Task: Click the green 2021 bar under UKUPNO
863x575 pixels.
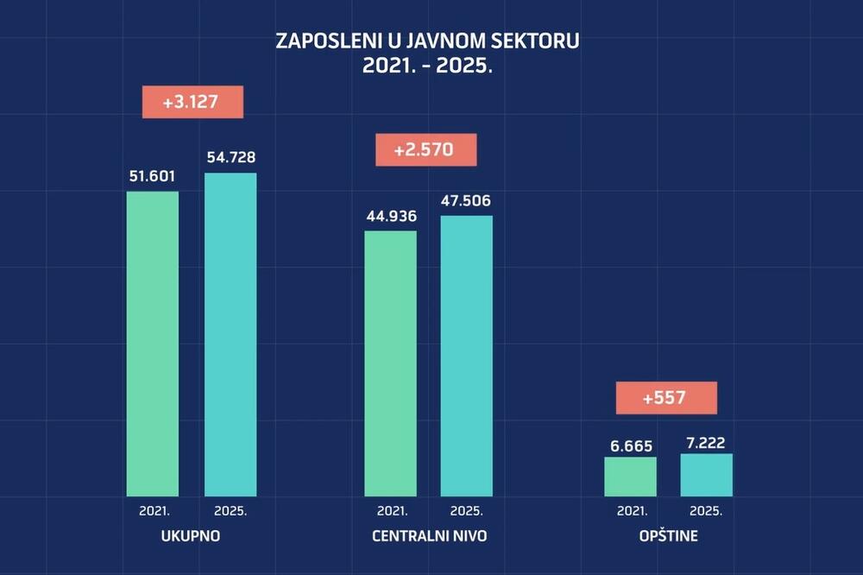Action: click(x=153, y=344)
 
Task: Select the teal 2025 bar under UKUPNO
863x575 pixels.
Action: click(x=230, y=335)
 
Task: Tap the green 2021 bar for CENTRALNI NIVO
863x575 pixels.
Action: click(x=390, y=363)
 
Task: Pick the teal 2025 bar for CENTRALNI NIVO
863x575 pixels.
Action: click(x=467, y=356)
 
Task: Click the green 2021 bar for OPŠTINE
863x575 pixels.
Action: click(x=630, y=477)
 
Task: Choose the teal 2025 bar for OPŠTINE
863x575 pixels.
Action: click(x=706, y=475)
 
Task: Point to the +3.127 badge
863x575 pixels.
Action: click(x=193, y=102)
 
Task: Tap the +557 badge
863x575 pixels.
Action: click(x=666, y=398)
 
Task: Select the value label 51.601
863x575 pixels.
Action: click(x=152, y=176)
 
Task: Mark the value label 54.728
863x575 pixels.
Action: click(x=230, y=157)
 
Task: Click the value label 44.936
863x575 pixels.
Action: click(x=390, y=216)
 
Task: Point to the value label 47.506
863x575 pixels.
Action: click(x=467, y=200)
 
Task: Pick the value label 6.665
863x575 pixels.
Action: click(x=630, y=446)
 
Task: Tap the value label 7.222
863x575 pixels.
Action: click(x=706, y=441)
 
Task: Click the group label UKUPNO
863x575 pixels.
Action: click(x=191, y=536)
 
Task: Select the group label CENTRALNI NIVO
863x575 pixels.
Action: click(x=429, y=536)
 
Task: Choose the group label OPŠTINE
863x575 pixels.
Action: click(x=669, y=536)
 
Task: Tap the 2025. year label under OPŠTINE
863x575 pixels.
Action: click(x=706, y=510)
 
